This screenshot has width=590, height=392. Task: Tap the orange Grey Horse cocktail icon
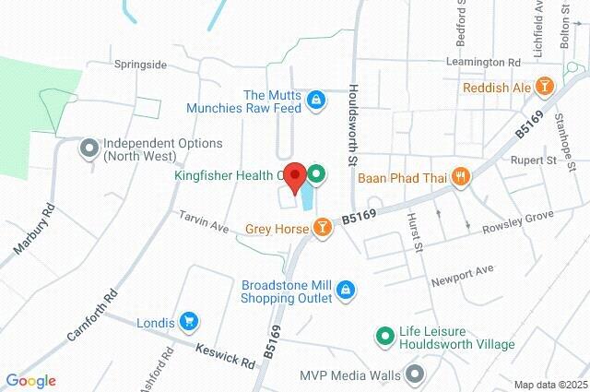pos(322,227)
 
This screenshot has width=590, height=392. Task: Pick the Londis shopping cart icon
pos(190,321)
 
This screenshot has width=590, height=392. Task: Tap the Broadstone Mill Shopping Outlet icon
pos(346,291)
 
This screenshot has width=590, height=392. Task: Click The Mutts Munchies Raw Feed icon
pos(315,100)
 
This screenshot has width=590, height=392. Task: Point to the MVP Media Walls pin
pos(414,374)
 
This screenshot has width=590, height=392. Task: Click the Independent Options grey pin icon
pos(89,148)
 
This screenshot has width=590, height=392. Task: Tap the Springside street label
pos(140,65)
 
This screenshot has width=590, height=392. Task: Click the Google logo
pos(30,380)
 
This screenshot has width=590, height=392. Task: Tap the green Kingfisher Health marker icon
pos(316,172)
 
